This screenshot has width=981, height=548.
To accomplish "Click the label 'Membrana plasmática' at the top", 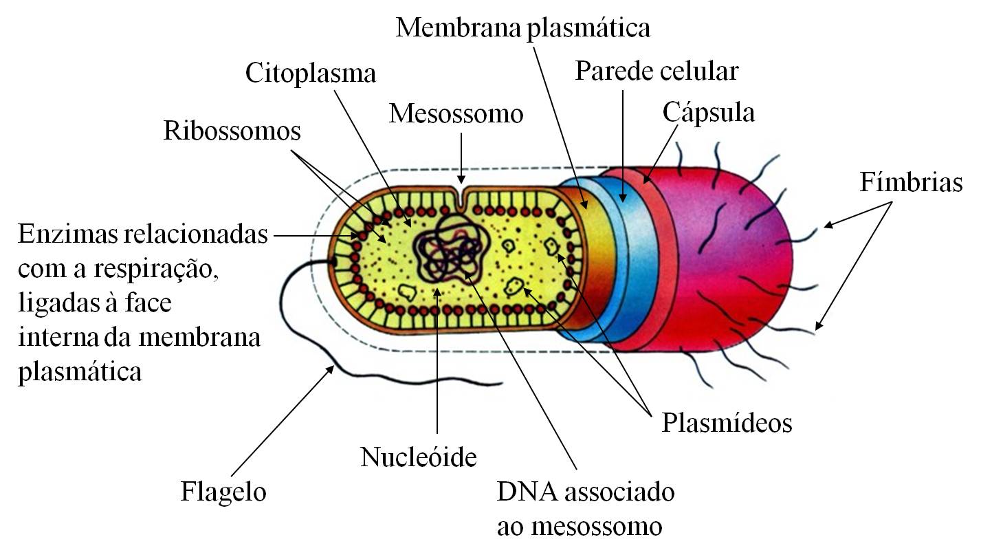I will point(522,29).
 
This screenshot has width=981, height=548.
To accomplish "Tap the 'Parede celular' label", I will point(656,71).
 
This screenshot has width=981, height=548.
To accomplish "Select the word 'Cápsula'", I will point(709,113).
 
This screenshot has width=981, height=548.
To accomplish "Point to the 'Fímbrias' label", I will point(910,183).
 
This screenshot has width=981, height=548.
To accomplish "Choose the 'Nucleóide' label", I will point(418,457).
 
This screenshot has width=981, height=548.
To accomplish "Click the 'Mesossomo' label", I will point(456,113).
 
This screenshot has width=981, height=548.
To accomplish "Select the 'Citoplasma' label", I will point(311,73).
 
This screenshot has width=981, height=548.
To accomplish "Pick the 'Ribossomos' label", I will point(232,131).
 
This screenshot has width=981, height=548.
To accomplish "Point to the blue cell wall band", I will point(622,261).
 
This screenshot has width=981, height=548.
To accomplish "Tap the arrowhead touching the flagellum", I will point(331,370).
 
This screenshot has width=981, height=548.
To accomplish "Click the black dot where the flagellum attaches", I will point(333,261).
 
